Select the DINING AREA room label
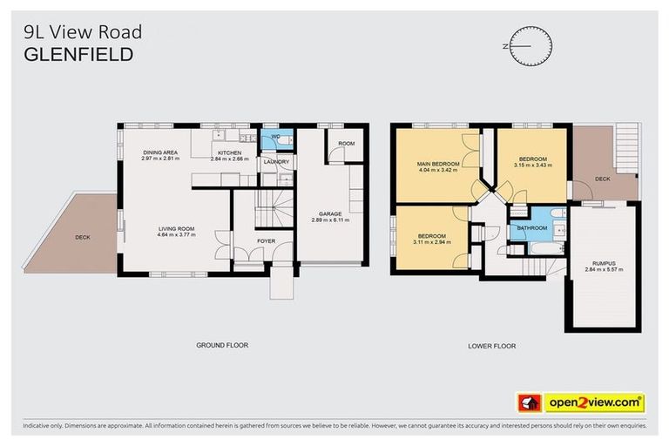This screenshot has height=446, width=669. click(x=160, y=152)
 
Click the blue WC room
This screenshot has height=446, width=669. click(x=274, y=139)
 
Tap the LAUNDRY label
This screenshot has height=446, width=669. click(x=276, y=161)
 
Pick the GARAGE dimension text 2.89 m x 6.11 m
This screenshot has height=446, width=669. click(x=330, y=220)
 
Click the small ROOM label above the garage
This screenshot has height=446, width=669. click(x=347, y=143)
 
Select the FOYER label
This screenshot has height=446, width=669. click(x=266, y=241)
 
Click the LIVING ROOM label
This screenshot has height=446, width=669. click(x=175, y=228)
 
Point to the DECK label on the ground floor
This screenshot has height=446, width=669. click(x=83, y=236)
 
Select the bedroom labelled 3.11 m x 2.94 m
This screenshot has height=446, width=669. click(x=431, y=240)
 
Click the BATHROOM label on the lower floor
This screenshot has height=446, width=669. click(x=531, y=228)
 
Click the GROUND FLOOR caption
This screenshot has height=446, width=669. click(x=221, y=346)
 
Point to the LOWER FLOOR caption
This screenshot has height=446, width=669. click(x=491, y=346)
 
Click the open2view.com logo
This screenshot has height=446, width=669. click(x=582, y=402)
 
